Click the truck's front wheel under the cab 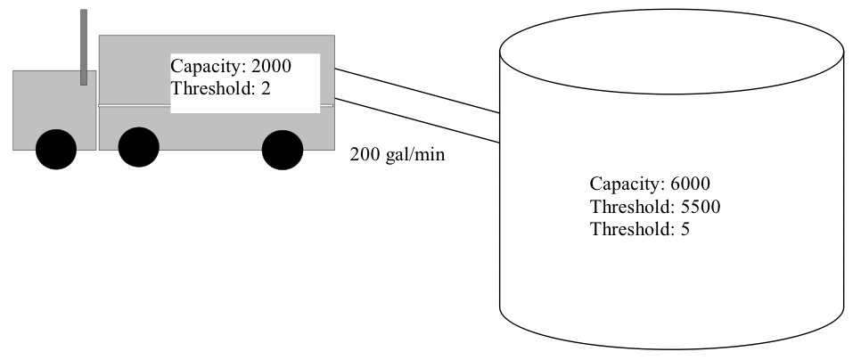56,149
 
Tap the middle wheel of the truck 138,148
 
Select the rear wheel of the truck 283,149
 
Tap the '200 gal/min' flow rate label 397,154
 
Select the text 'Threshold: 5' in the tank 640,229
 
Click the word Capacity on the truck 203,66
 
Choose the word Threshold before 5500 627,207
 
